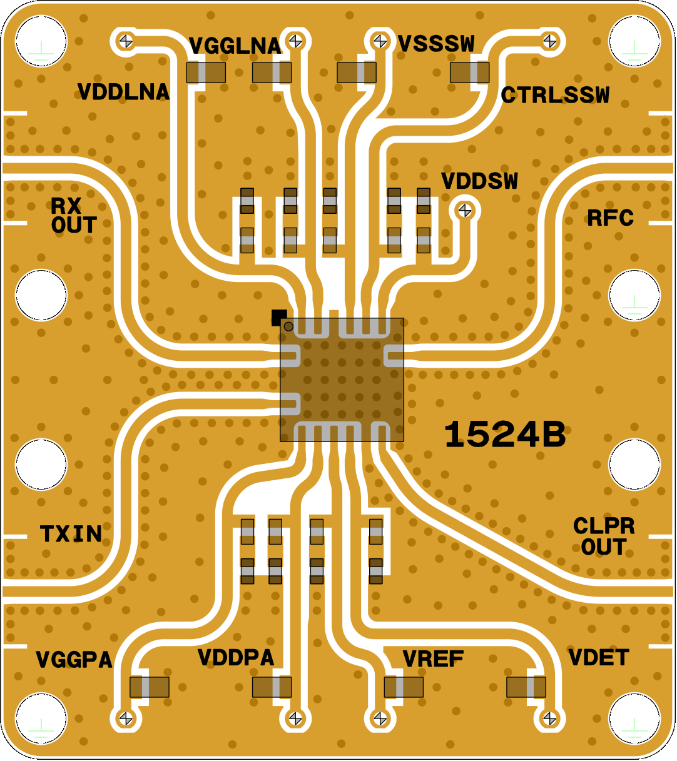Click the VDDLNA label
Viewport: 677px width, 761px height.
(123, 92)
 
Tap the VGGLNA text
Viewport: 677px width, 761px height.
(235, 46)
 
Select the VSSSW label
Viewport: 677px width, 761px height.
(436, 44)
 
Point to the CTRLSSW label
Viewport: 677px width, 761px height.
(555, 95)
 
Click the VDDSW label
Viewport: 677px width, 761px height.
(479, 181)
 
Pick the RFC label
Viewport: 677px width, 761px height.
(610, 218)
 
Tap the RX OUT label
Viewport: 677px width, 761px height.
(74, 216)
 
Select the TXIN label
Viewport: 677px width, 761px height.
(71, 534)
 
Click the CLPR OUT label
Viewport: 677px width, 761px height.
(604, 537)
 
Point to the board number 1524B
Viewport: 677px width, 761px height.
(504, 435)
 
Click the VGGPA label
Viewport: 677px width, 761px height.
(74, 660)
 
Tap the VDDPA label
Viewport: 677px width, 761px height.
(236, 658)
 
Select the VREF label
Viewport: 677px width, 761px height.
(433, 659)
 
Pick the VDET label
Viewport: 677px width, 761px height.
(598, 658)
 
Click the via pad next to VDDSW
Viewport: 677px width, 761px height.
(465, 211)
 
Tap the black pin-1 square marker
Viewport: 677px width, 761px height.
(278, 317)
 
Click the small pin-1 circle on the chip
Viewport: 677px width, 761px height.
(288, 326)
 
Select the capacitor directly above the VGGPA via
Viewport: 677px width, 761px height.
(149, 687)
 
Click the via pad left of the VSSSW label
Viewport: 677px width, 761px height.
(380, 41)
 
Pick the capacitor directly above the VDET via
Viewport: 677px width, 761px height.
(526, 687)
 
